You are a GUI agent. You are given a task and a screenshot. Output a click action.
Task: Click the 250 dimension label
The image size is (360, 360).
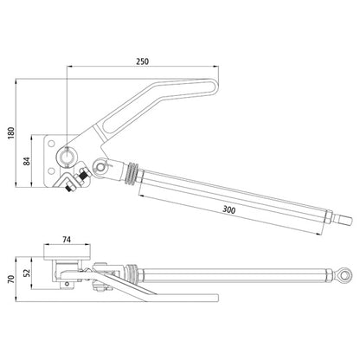tap(143, 61)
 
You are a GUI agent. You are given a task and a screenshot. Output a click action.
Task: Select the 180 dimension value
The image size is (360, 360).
tap(11, 133)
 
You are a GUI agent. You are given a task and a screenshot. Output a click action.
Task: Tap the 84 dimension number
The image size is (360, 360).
tap(27, 161)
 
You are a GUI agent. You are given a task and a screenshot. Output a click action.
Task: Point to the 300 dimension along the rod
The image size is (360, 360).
tap(229, 209)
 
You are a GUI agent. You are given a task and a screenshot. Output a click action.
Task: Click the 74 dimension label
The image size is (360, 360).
tap(67, 240)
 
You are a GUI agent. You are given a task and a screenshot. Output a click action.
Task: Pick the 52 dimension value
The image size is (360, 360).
tap(27, 273)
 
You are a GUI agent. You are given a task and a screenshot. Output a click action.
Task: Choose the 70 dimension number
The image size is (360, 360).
tap(11, 279)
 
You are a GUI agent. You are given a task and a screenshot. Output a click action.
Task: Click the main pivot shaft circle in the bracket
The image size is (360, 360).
tap(67, 156)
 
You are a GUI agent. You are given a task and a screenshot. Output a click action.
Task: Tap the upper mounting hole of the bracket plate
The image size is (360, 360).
tap(51, 144)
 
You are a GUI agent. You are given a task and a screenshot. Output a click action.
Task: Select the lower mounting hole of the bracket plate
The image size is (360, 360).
tap(51, 171)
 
